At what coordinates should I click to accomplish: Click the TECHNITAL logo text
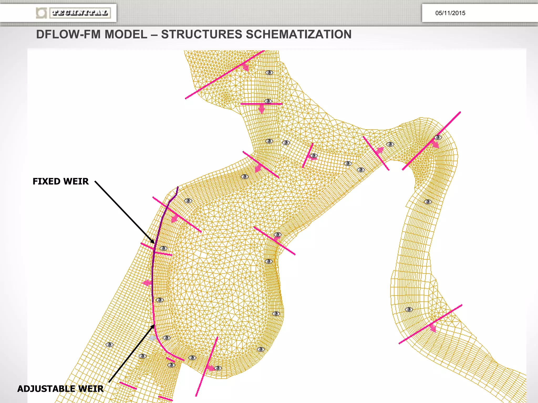80,13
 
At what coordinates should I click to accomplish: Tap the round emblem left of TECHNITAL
41,13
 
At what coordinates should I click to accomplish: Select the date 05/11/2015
450,13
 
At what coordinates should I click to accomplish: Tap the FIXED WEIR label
61,181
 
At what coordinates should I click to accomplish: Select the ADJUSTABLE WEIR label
60,389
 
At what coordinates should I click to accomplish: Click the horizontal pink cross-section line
261,104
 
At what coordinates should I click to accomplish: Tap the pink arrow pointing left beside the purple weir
147,283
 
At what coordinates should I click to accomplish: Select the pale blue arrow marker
152,338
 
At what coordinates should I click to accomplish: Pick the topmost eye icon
269,73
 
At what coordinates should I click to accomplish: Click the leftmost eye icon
109,344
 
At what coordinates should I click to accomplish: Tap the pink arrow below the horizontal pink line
261,108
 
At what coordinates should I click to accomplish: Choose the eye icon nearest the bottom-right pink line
409,310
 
